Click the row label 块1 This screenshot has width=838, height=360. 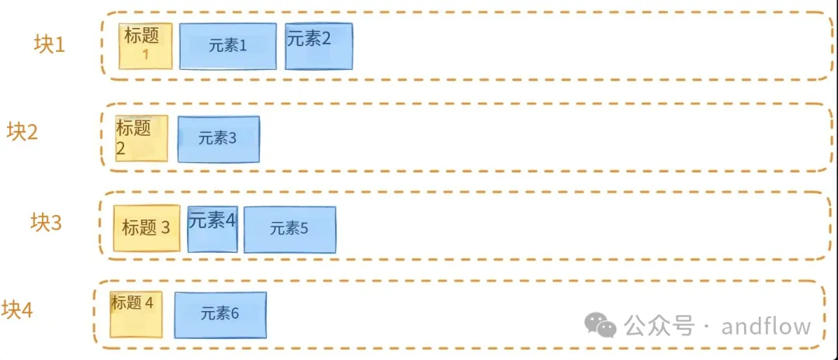(x=50, y=44)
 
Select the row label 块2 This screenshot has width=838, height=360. (x=23, y=132)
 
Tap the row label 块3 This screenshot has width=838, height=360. (x=46, y=223)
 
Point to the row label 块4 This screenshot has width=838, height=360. (x=17, y=310)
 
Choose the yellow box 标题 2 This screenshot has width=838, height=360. (x=141, y=138)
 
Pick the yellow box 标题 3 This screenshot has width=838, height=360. (x=147, y=228)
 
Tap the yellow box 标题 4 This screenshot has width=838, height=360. (x=137, y=315)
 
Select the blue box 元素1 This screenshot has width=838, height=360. (x=228, y=46)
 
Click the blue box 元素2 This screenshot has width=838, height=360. (x=318, y=46)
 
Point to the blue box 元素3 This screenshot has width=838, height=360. (x=218, y=139)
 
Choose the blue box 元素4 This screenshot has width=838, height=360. (x=213, y=228)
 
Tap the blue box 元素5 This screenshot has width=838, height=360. (x=289, y=229)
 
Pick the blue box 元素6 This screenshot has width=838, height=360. (x=220, y=314)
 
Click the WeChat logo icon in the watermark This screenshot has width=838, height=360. (x=601, y=326)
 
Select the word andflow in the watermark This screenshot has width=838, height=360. (x=766, y=326)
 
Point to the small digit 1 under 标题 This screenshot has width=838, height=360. (x=144, y=54)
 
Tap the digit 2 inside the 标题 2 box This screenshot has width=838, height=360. (x=121, y=150)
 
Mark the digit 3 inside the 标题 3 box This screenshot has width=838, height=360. (x=165, y=228)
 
